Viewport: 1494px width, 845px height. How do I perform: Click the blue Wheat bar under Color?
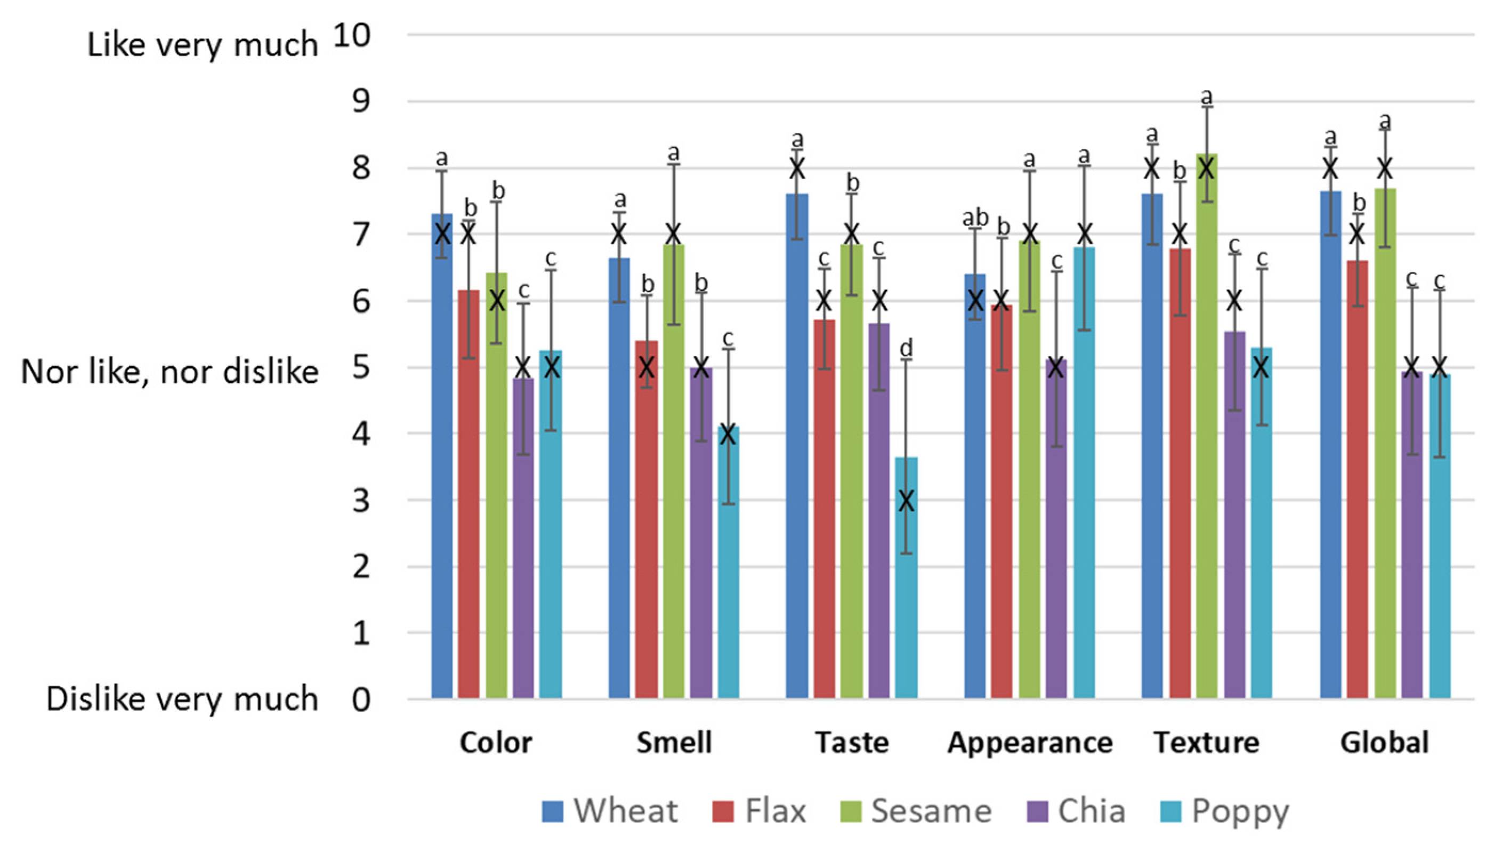point(441,464)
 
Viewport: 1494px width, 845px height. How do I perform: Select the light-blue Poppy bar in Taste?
point(906,581)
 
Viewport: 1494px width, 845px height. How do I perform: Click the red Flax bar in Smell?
point(647,522)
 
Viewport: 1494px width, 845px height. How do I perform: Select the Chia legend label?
point(1091,811)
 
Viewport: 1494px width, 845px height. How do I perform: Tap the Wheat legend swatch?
point(552,811)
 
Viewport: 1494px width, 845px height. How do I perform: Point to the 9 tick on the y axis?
point(360,102)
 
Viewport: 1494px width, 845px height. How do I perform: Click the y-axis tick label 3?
point(360,501)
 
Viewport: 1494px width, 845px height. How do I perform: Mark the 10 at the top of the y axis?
point(352,36)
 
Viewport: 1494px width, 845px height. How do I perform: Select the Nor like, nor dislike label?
point(169,372)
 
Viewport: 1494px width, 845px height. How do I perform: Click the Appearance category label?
point(1029,743)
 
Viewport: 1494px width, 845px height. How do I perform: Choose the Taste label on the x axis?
point(852,743)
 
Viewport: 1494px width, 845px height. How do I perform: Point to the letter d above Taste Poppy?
point(906,348)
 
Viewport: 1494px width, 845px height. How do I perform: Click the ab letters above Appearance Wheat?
point(975,218)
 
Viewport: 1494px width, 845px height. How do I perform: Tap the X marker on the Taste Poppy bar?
point(906,501)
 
